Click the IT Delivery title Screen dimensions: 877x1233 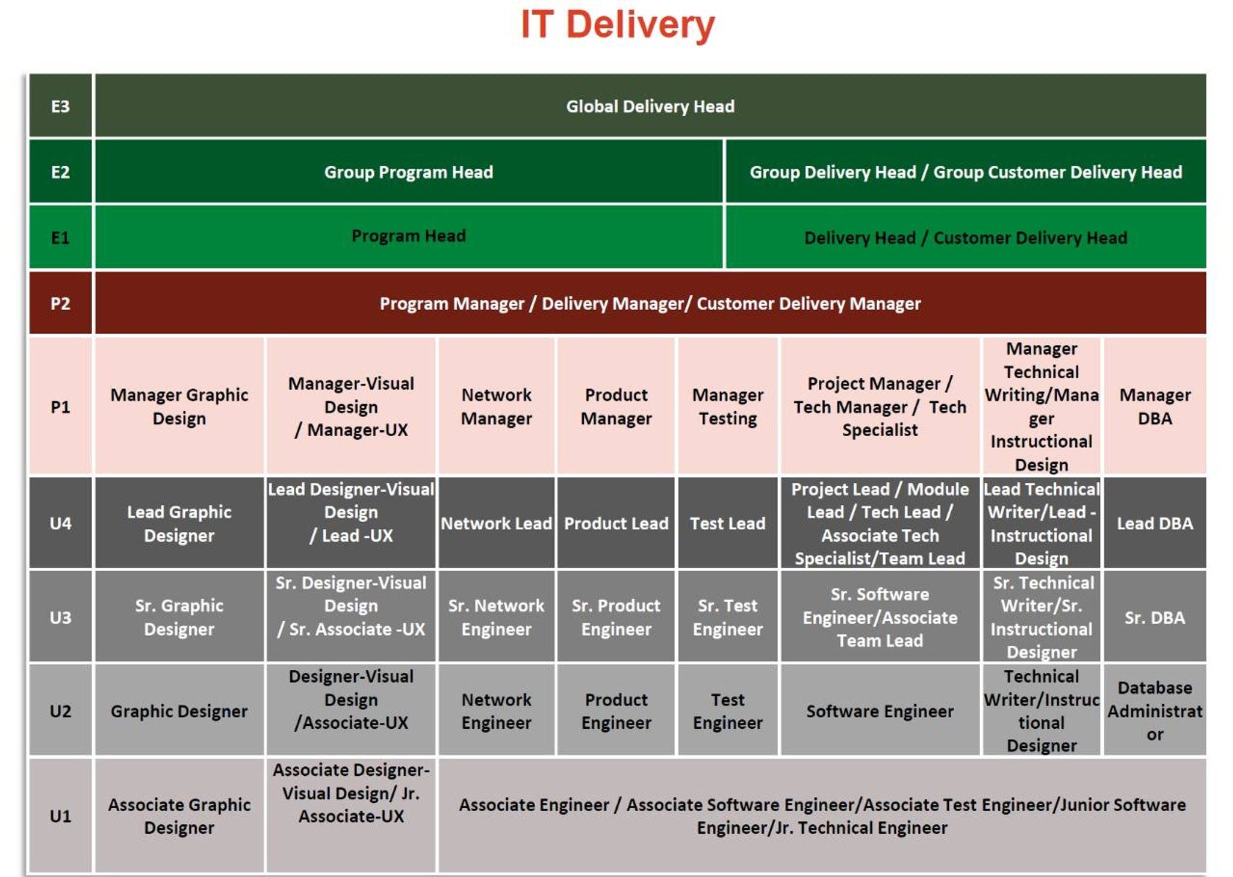point(617,25)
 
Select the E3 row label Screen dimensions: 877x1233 point(60,107)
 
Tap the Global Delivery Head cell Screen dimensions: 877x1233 point(650,107)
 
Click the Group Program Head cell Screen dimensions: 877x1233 point(408,172)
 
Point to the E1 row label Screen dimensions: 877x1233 point(60,237)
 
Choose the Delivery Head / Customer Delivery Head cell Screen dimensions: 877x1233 point(965,237)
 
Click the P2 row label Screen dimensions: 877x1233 point(60,303)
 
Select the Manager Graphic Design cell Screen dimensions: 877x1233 point(179,406)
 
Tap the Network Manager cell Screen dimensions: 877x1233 point(496,406)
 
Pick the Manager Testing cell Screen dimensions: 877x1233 point(727,406)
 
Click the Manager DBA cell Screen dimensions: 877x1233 point(1154,406)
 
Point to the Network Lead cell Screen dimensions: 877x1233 point(496,523)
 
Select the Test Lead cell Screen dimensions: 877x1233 point(727,523)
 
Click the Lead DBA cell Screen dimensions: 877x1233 point(1154,523)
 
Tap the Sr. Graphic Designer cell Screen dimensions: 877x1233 point(179,617)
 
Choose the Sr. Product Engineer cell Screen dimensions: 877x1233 point(616,617)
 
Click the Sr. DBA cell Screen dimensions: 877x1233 point(1154,617)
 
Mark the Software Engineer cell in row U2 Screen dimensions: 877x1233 point(880,711)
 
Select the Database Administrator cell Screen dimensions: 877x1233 point(1154,711)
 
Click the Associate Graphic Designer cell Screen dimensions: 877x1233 point(179,816)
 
